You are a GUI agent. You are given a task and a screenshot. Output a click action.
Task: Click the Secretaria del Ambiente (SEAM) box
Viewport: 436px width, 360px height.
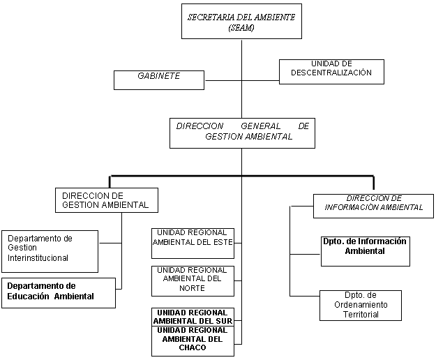tap(241, 22)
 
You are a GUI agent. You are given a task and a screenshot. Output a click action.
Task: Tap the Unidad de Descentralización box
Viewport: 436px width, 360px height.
tap(331, 70)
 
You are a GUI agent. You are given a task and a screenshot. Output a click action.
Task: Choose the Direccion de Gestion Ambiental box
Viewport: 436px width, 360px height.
tap(106, 200)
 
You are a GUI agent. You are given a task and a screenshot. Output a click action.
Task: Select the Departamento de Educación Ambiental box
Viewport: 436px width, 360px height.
tap(58, 292)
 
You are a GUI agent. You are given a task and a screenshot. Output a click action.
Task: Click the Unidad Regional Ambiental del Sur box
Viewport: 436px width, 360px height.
tap(193, 316)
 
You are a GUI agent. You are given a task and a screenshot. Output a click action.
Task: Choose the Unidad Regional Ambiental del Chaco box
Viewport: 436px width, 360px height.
tap(193, 340)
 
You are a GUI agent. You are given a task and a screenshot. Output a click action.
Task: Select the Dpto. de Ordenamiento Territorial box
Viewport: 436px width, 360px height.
tap(361, 305)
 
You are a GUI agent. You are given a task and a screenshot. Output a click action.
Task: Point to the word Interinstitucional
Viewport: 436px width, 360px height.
tap(38, 258)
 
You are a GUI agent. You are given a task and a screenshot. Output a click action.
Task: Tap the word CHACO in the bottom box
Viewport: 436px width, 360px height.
tap(193, 347)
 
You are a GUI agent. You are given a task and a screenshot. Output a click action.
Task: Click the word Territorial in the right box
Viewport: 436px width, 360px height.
tap(361, 315)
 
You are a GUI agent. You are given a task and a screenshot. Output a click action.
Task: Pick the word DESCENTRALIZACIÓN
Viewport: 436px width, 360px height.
tap(332, 73)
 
